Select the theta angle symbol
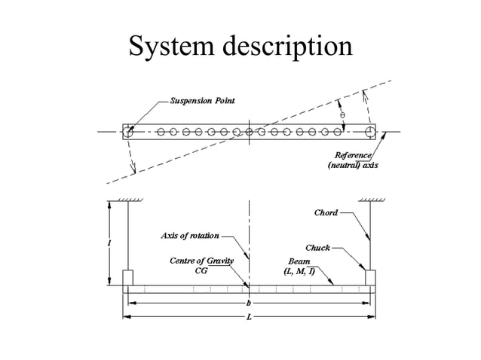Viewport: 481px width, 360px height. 343,115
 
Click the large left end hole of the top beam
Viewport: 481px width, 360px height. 127,131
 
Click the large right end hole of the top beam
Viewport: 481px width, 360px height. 370,131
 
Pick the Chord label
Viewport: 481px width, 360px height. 326,212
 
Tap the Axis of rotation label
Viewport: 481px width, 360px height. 190,236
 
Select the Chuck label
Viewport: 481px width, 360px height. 317,247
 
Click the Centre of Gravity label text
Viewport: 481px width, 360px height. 201,261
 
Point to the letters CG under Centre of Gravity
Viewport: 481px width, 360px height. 201,270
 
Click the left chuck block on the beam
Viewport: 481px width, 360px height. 127,278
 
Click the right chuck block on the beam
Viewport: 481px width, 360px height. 370,278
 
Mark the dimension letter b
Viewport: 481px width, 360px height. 249,303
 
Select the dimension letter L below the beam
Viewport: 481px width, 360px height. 249,317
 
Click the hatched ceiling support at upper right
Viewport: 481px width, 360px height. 371,200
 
